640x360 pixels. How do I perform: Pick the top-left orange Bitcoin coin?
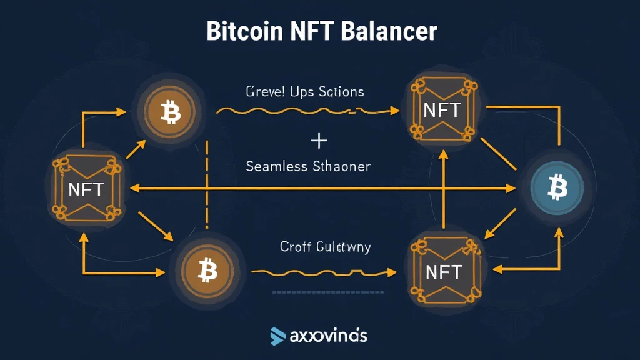[169, 112]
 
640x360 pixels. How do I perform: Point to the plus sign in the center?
[319, 141]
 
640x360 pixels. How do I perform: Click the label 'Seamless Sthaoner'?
[308, 167]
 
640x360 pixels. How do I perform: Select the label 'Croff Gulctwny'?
[325, 247]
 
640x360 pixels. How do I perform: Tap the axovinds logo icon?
[278, 336]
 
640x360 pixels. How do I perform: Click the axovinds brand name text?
[328, 336]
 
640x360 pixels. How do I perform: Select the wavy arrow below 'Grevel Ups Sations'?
[306, 111]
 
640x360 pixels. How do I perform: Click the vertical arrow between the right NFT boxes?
[443, 187]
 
